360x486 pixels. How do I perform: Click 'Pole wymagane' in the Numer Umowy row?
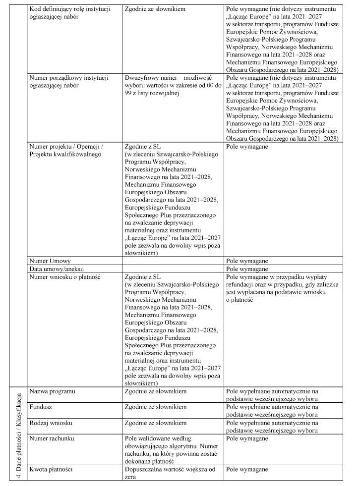pyautogui.click(x=247, y=261)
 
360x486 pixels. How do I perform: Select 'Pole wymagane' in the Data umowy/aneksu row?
pyautogui.click(x=247, y=269)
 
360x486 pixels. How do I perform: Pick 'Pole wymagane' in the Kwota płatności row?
pyautogui.click(x=247, y=469)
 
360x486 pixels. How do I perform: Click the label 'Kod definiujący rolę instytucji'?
pyautogui.click(x=69, y=9)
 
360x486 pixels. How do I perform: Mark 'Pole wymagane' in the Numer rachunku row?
pyautogui.click(x=247, y=439)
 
